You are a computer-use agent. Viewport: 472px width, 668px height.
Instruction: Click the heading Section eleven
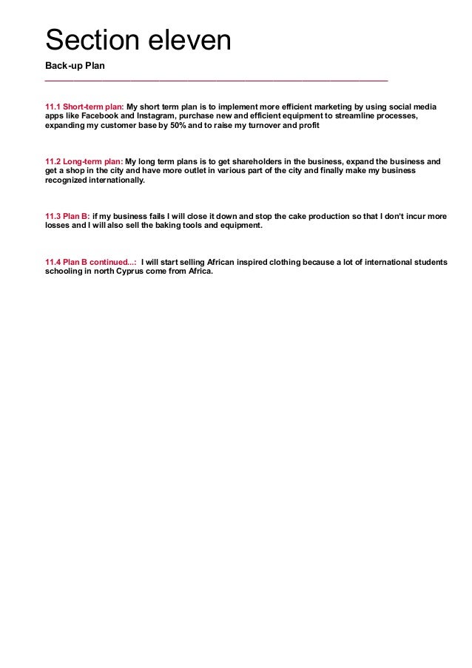click(138, 40)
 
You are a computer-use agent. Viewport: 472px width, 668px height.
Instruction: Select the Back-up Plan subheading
click(75, 66)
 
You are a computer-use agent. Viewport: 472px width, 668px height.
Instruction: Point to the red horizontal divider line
click(216, 80)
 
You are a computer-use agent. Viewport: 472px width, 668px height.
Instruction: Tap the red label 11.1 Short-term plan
click(84, 107)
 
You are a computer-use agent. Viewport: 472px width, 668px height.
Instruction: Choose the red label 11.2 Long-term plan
click(84, 161)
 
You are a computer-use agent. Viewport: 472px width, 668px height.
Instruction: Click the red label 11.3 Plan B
click(67, 215)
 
